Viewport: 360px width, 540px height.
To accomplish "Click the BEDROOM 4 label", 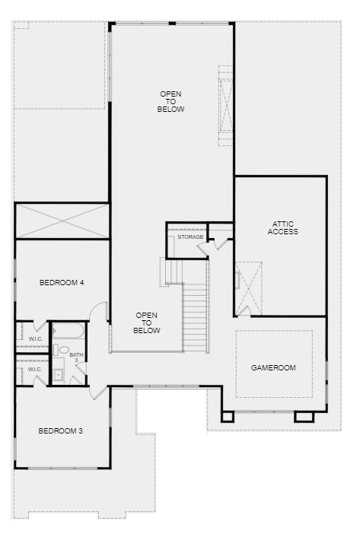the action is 62,283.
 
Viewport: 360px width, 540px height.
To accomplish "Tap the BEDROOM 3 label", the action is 61,430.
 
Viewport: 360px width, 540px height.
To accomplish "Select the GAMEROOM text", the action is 273,368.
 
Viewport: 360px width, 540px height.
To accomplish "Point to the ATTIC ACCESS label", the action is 283,228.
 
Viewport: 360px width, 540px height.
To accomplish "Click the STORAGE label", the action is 190,237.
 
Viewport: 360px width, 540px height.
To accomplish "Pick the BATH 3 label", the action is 76,357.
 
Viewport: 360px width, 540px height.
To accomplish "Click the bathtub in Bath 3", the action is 68,331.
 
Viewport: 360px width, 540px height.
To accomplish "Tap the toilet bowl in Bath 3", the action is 62,350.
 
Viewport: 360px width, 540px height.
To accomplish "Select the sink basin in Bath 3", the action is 59,373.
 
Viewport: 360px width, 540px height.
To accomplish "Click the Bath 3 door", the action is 82,369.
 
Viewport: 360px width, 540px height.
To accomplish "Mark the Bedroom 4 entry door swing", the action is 99,311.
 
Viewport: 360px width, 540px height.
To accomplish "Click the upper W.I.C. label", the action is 36,339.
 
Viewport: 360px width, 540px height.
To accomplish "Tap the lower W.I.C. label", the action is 35,370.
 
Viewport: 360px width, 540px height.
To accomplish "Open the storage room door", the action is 203,249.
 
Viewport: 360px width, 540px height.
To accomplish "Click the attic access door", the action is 244,310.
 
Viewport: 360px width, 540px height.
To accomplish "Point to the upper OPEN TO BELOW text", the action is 171,102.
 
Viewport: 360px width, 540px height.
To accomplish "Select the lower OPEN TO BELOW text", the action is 147,323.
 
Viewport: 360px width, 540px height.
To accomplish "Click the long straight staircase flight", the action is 195,317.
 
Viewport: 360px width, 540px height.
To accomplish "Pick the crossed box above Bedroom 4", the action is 62,221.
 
